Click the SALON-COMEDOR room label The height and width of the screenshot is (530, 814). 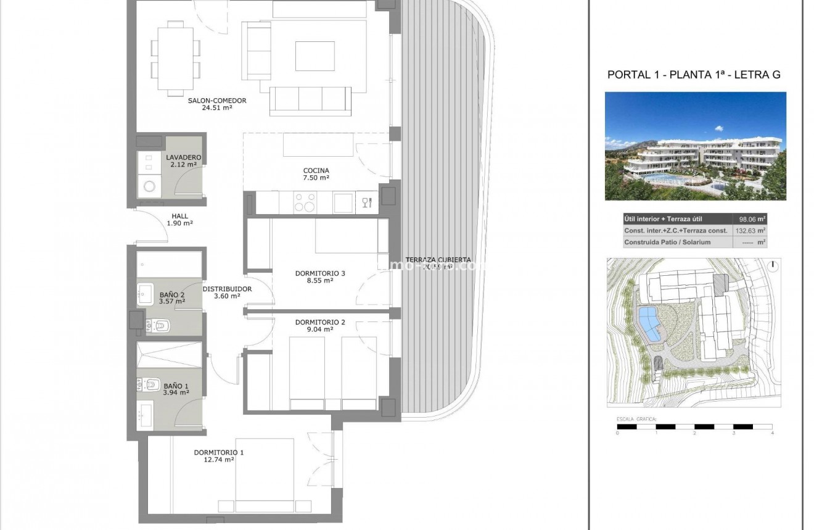coord(217,100)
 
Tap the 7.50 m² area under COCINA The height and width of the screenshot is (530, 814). coord(316,178)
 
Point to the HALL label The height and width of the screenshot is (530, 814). coord(179,216)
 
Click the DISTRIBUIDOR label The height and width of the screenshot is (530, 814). coord(227,289)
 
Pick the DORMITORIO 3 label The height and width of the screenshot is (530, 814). coord(319,273)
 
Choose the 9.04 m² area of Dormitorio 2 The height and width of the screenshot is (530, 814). coord(319,329)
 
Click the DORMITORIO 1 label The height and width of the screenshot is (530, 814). coord(218,452)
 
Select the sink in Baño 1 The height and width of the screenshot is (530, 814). coord(146,414)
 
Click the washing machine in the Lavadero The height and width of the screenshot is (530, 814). coord(149,185)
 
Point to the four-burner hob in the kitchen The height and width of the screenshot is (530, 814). coord(305,202)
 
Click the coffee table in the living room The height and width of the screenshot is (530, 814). coord(314,56)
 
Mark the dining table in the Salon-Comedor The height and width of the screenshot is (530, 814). coord(176,57)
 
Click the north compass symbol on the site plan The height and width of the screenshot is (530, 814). coord(773,266)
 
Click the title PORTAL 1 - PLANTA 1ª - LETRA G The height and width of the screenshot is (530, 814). coord(694,75)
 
